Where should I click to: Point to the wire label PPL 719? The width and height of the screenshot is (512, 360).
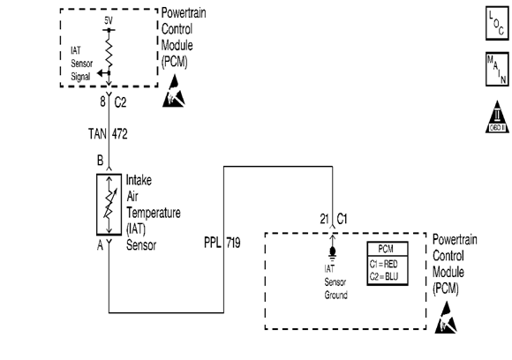click(221, 240)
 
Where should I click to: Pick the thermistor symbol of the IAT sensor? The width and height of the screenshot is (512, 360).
click(109, 204)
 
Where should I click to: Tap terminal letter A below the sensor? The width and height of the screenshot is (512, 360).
click(101, 245)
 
